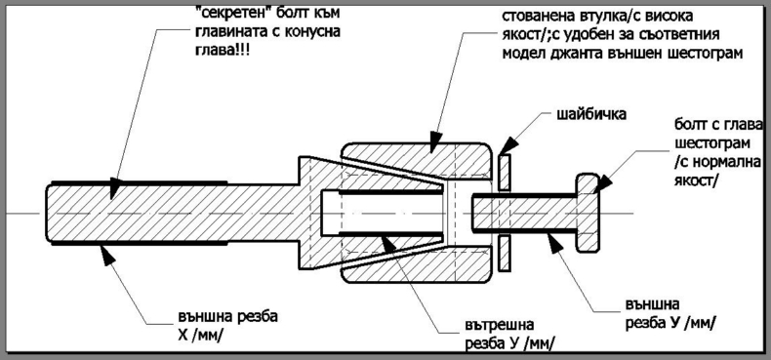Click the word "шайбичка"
tap(591, 115)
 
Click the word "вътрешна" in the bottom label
tap(499, 325)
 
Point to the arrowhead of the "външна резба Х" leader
tap(108, 256)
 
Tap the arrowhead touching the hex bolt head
tap(602, 184)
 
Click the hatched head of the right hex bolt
tap(588, 213)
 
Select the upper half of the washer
tap(505, 173)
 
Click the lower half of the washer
tap(505, 254)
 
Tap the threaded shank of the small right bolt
tap(524, 213)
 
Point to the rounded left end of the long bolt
tap(49, 214)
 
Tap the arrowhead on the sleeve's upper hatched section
tap(434, 141)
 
